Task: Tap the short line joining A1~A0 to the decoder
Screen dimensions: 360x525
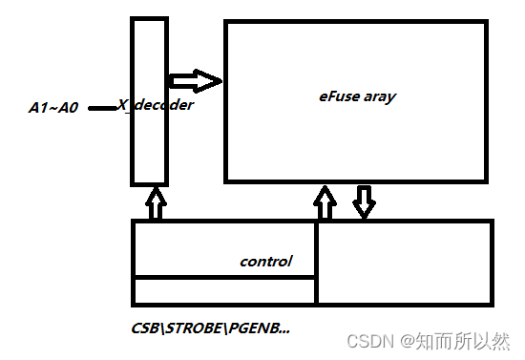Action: (x=103, y=108)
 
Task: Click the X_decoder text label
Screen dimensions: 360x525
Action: (x=156, y=105)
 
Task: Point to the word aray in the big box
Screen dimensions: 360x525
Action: (x=380, y=96)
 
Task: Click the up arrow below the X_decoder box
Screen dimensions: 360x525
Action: (x=155, y=203)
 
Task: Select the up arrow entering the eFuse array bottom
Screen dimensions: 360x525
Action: (x=325, y=202)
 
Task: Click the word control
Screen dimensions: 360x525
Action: (x=265, y=261)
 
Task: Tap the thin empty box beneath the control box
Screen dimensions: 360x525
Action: (x=224, y=290)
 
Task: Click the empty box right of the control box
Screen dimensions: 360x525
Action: (x=404, y=262)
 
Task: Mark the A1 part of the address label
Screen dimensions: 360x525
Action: (x=39, y=108)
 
